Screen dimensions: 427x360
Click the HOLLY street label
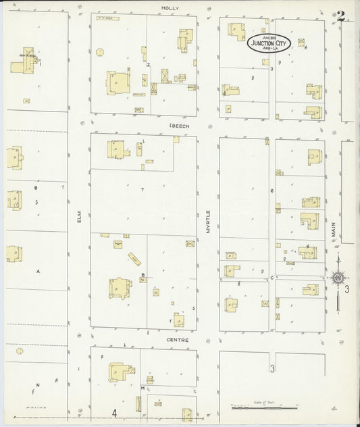(x=169, y=7)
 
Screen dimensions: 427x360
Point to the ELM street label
(x=79, y=218)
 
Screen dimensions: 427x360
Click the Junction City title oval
(x=268, y=44)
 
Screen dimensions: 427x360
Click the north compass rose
(x=338, y=278)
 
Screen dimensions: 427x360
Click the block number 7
(x=143, y=189)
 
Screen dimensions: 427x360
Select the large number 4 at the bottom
(x=115, y=412)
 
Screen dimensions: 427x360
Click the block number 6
(x=272, y=191)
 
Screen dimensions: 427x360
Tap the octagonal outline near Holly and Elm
(x=100, y=51)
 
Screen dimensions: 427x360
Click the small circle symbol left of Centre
(x=20, y=351)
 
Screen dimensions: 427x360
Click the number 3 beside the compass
(x=347, y=289)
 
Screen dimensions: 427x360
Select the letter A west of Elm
(x=38, y=271)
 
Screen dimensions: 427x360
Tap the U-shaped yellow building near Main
(x=310, y=221)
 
